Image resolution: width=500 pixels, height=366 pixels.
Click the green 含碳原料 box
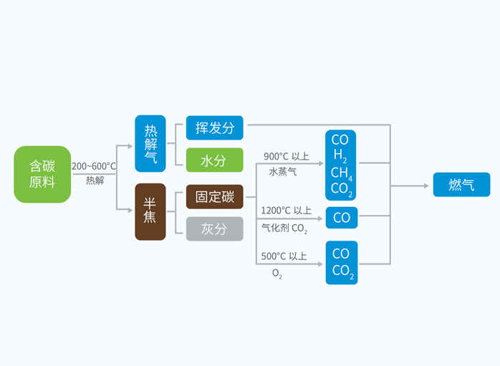click(x=42, y=174)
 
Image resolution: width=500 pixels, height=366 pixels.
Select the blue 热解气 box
click(x=150, y=143)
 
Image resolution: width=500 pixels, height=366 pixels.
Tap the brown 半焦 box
click(x=150, y=211)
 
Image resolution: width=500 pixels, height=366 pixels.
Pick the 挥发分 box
click(x=215, y=127)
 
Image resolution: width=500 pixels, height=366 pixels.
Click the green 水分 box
click(x=215, y=160)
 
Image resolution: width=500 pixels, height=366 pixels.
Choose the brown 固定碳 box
click(x=215, y=196)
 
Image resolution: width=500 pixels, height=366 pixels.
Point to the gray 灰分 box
click(x=215, y=228)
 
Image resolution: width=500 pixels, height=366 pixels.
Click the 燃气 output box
click(x=461, y=184)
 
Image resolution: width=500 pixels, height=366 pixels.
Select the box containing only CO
click(x=342, y=217)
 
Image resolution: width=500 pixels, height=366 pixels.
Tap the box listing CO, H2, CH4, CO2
click(x=340, y=164)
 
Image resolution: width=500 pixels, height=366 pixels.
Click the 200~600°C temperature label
click(x=94, y=166)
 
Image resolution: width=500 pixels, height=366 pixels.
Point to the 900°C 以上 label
click(x=286, y=156)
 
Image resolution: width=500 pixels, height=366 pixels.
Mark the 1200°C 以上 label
click(x=286, y=211)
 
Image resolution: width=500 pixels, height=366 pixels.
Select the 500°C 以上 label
click(x=284, y=256)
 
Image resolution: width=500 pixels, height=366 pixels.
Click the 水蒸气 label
click(x=282, y=172)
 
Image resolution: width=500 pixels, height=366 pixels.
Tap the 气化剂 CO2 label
click(x=284, y=229)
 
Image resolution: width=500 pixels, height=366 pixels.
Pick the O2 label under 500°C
click(x=277, y=274)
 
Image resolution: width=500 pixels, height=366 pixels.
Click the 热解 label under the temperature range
click(x=95, y=180)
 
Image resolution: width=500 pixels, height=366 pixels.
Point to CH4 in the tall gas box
click(x=342, y=174)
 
